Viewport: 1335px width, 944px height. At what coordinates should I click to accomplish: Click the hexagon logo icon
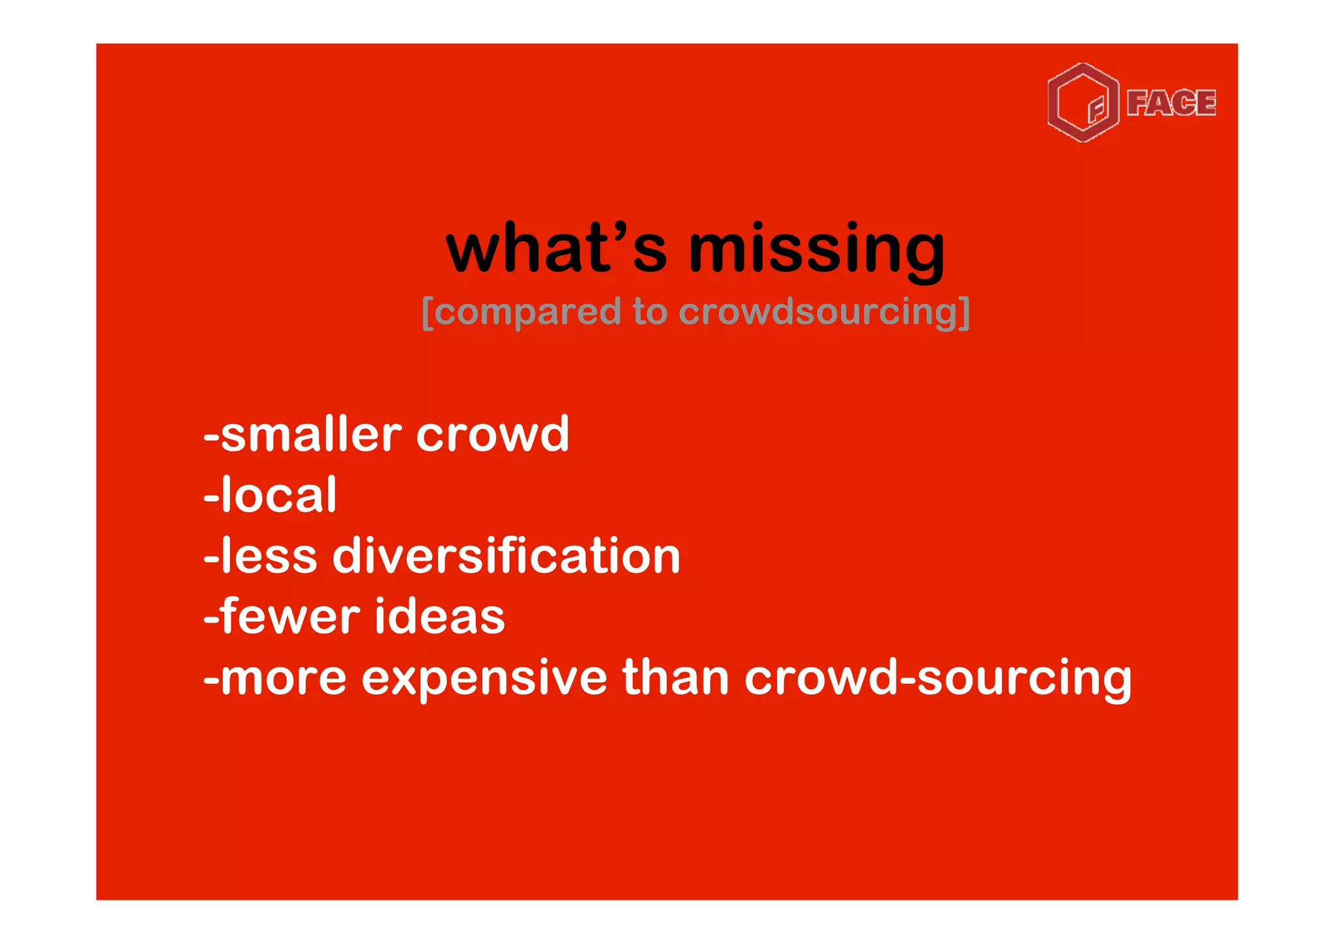click(1083, 103)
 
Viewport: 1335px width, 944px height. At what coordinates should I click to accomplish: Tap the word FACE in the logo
click(1171, 103)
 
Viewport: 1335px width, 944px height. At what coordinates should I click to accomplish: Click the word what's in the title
click(556, 249)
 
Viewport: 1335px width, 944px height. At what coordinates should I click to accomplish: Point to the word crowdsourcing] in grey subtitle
click(824, 313)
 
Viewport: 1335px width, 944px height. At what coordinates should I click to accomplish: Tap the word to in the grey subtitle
click(650, 312)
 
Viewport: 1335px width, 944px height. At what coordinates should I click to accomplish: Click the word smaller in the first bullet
click(310, 434)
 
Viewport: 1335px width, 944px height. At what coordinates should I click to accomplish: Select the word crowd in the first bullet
click(493, 434)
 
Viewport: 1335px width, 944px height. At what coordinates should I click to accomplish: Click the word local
click(278, 495)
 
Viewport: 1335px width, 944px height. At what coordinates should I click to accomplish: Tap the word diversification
click(506, 556)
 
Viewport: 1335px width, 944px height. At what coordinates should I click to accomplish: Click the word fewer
click(289, 616)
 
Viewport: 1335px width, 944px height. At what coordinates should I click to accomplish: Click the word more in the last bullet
click(283, 679)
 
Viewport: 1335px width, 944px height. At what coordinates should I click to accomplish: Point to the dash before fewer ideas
click(211, 619)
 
